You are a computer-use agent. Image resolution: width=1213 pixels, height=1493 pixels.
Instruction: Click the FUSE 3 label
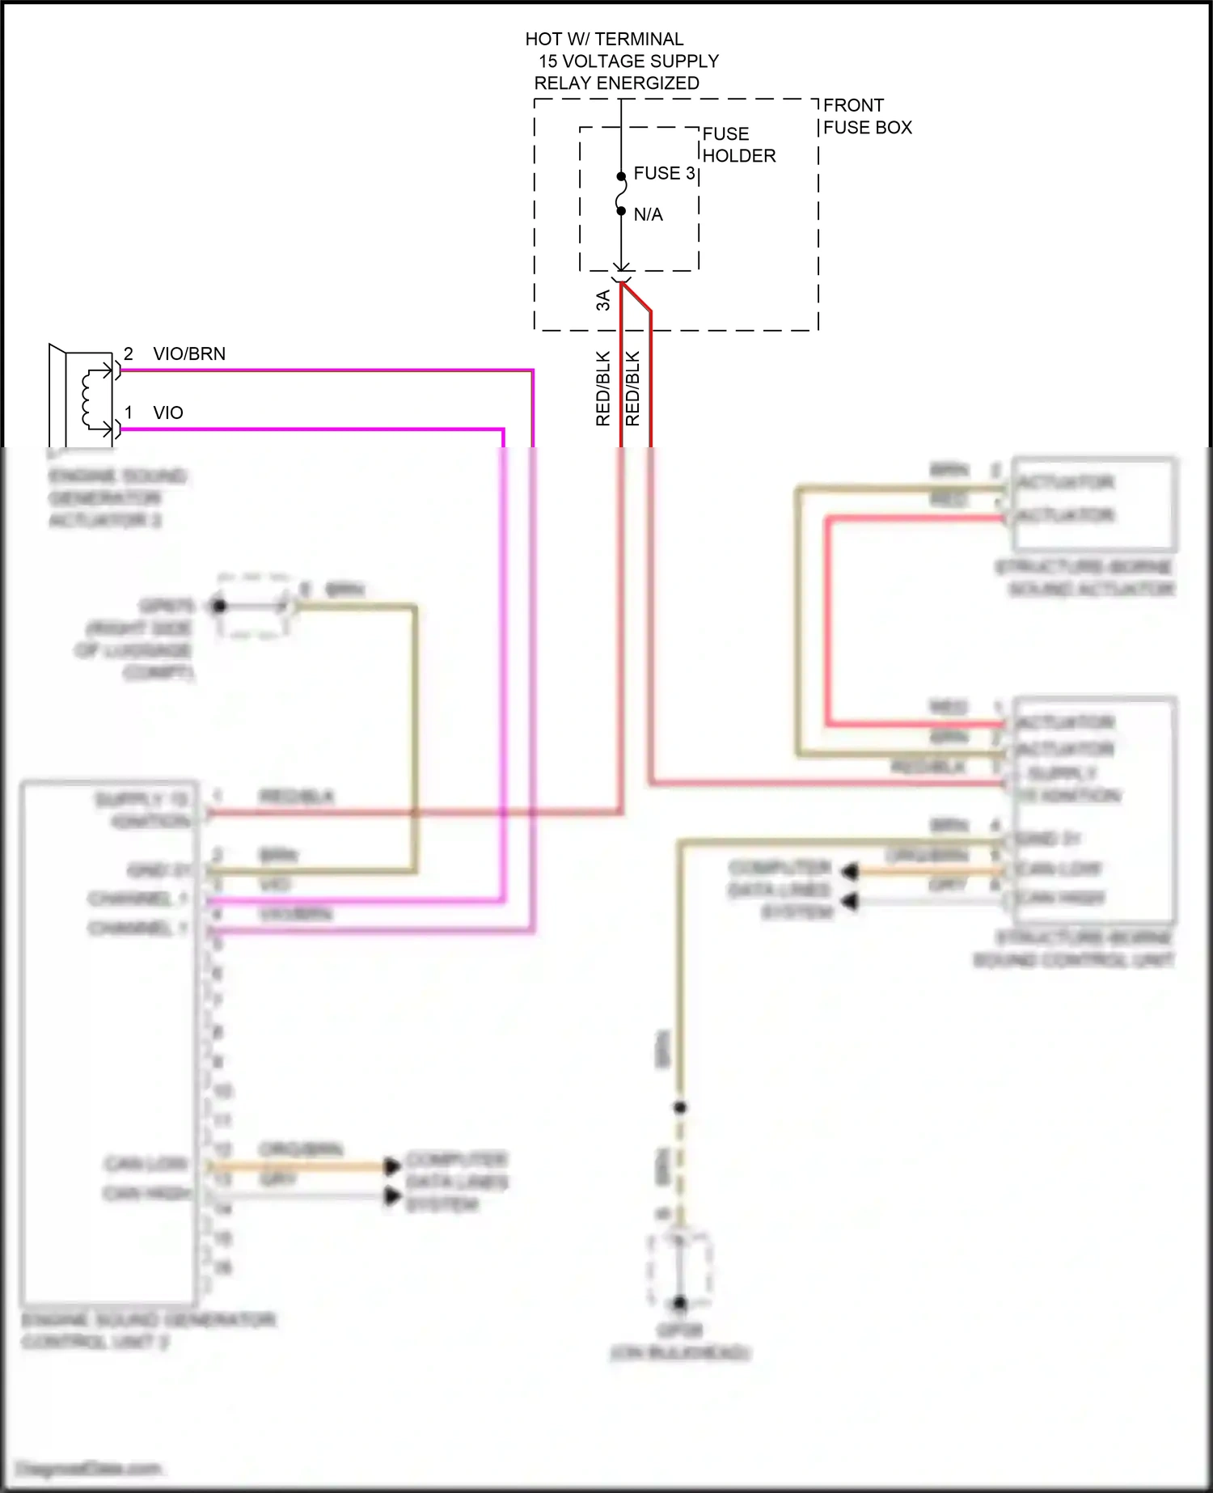coord(663,173)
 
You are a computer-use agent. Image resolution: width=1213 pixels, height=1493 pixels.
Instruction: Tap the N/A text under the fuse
coord(648,214)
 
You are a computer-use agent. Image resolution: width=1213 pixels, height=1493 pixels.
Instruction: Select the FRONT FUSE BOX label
coord(867,116)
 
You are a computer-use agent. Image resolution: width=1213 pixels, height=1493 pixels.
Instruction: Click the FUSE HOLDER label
coord(738,145)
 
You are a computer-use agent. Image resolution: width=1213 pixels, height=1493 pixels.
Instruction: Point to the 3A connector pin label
coord(603,300)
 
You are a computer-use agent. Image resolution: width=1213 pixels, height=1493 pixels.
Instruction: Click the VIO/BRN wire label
coord(189,353)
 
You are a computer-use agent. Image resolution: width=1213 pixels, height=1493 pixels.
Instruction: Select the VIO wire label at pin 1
coord(168,412)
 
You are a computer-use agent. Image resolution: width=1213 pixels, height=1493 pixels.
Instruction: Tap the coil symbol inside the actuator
coord(90,398)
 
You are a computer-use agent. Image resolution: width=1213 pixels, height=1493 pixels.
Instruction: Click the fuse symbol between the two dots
coord(621,194)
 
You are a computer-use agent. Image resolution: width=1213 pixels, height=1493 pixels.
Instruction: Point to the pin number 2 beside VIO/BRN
coord(129,353)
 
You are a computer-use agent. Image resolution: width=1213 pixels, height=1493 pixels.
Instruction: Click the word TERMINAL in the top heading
coord(639,39)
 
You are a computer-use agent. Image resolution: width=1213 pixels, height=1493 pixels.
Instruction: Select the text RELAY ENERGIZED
coord(616,83)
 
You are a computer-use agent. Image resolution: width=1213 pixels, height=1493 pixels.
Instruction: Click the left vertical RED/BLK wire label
coord(603,388)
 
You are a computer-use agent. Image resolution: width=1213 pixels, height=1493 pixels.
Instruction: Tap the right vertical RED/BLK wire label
coord(633,388)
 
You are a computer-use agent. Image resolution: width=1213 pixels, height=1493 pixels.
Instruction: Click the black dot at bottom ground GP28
coord(680,1302)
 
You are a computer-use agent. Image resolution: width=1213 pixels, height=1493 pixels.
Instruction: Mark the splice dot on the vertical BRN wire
coord(680,1106)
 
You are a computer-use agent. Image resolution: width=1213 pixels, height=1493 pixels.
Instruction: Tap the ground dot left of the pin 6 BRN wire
coord(219,605)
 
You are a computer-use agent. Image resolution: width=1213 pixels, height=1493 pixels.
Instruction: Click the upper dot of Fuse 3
coord(621,176)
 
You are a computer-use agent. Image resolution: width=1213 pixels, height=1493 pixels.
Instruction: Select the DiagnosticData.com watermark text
coord(89,1468)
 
